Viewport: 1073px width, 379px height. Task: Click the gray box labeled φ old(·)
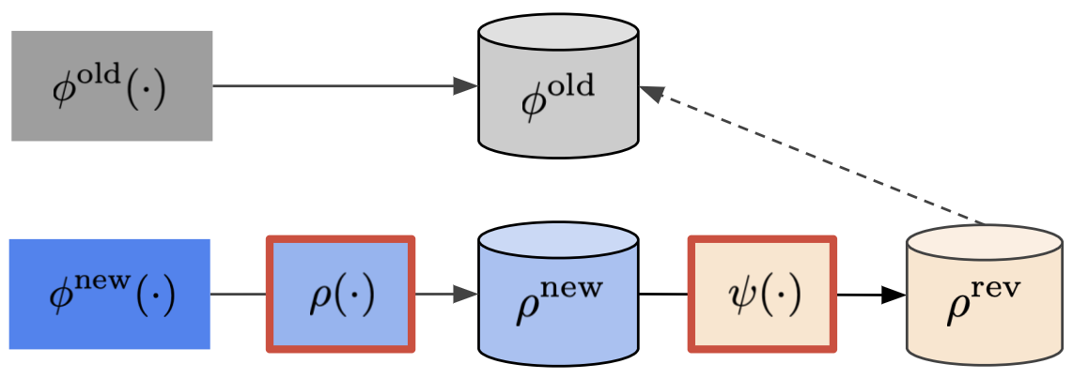pyautogui.click(x=112, y=85)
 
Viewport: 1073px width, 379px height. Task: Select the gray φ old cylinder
pyautogui.click(x=559, y=94)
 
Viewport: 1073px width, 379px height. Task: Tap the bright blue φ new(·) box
pyautogui.click(x=110, y=294)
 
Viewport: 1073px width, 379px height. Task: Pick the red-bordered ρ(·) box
pyautogui.click(x=341, y=295)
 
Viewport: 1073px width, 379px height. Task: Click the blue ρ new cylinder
pyautogui.click(x=559, y=300)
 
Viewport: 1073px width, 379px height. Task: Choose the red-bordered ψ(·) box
pyautogui.click(x=762, y=295)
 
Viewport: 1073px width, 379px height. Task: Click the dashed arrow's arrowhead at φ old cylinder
pyautogui.click(x=651, y=92)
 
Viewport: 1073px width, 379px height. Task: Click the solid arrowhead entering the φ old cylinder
pyautogui.click(x=467, y=86)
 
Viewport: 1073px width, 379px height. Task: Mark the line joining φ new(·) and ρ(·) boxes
pyautogui.click(x=240, y=295)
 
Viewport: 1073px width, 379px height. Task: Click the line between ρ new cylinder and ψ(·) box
pyautogui.click(x=664, y=295)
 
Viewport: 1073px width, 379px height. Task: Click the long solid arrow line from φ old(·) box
pyautogui.click(x=338, y=86)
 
